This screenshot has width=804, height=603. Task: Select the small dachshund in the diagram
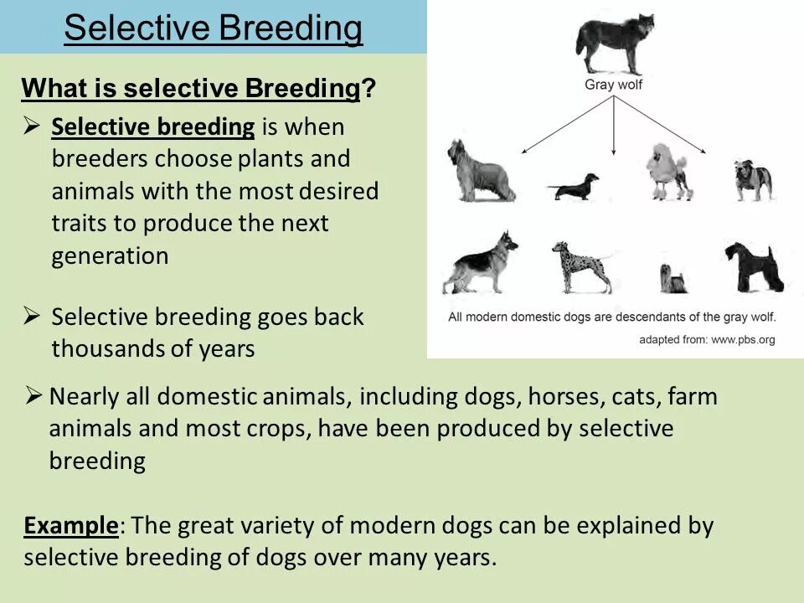coord(574,186)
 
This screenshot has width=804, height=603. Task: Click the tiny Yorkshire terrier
coord(672,277)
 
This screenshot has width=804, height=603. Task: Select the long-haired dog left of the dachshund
coord(481,172)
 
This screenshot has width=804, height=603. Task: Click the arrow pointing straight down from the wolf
coord(615,126)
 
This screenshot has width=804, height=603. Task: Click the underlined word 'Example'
coord(71,526)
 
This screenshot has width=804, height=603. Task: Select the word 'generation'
coord(110,256)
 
